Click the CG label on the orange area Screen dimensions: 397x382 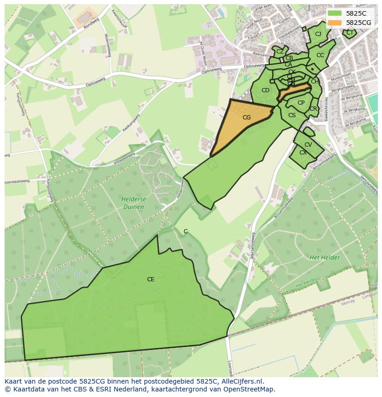click(x=246, y=118)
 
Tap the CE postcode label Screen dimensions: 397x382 click(x=150, y=279)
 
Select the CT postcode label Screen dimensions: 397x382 click(x=350, y=33)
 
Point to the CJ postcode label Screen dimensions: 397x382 click(x=318, y=34)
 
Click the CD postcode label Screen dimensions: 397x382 click(x=265, y=90)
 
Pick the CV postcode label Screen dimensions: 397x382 click(x=308, y=145)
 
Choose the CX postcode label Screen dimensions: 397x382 click(x=303, y=153)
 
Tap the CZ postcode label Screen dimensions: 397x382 click(x=280, y=52)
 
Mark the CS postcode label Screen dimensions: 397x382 click(x=292, y=115)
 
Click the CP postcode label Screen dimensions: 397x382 click(x=301, y=103)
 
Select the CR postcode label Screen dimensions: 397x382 click(x=313, y=109)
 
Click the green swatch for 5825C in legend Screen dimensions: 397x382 click(x=335, y=13)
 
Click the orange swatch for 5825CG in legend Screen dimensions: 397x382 click(x=335, y=23)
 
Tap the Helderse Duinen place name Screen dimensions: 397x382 click(x=133, y=203)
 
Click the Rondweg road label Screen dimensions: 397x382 click(x=91, y=24)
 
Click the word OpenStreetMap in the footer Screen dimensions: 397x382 click(x=250, y=389)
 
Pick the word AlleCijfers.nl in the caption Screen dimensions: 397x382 click(x=242, y=381)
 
